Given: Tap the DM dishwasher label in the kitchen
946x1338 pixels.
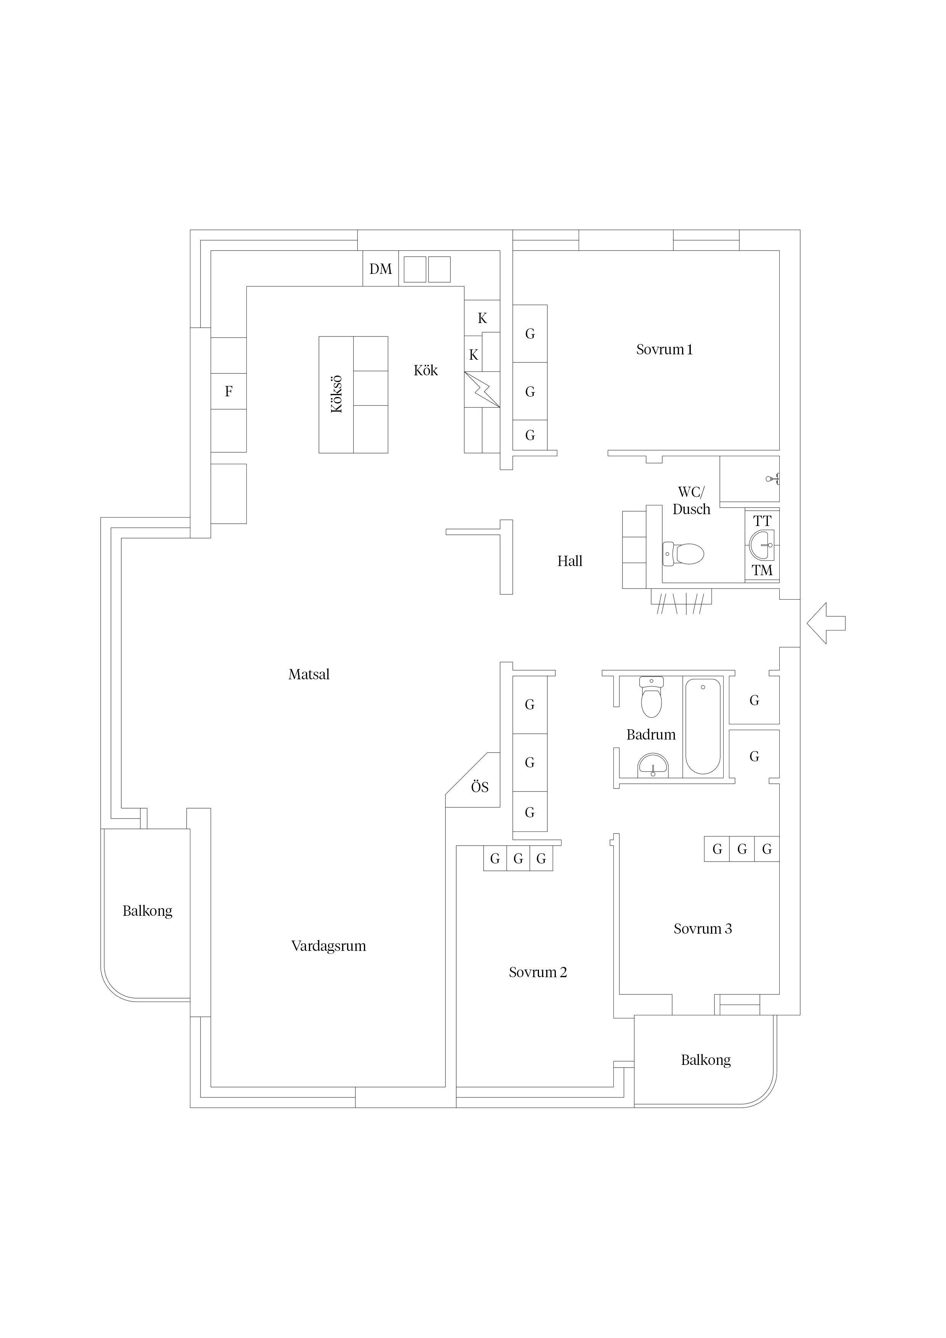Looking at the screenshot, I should (381, 269).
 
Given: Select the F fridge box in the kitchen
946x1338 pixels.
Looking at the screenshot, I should (228, 392).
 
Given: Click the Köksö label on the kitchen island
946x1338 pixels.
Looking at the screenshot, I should (337, 394).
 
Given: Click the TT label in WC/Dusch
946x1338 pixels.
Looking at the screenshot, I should (762, 521).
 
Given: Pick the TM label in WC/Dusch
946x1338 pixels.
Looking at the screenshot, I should (762, 571).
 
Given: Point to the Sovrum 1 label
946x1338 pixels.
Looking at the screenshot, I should (664, 350).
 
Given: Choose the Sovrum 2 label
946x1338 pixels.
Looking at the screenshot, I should (537, 972).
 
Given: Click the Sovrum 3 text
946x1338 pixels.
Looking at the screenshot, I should (702, 929).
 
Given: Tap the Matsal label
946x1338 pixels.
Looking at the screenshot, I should (309, 674).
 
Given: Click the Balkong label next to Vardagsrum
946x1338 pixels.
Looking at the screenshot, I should (148, 911).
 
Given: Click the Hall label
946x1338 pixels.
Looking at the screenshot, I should (570, 561).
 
